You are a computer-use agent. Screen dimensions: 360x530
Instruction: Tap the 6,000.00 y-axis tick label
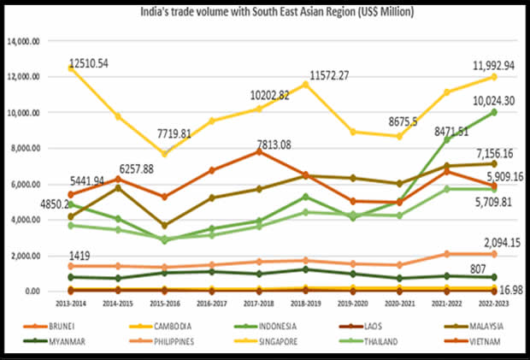33,184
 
